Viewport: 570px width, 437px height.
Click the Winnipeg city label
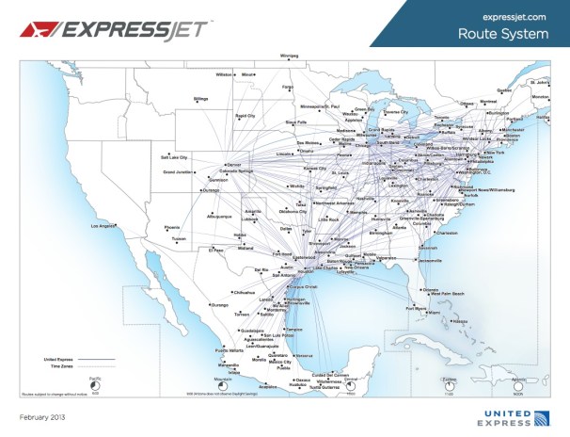288,55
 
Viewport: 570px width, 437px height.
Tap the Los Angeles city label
103,226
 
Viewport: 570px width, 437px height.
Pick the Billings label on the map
201,97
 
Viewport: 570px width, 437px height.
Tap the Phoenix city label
172,227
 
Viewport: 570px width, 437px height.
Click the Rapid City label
245,115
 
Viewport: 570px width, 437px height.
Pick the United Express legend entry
58,360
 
